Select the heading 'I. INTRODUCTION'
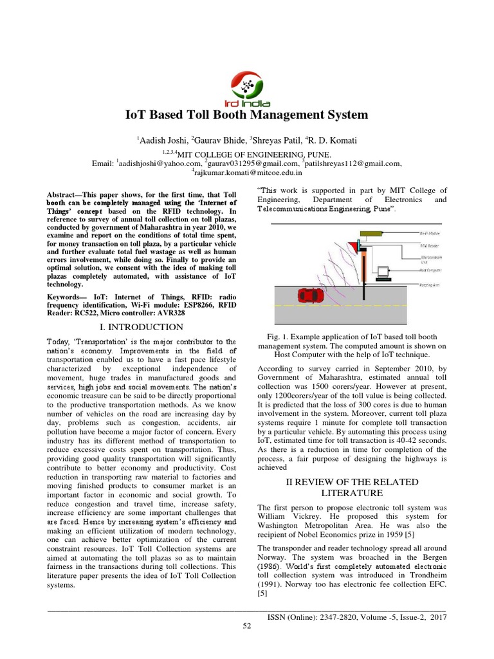pyautogui.click(x=147, y=328)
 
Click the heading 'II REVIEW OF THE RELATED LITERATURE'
pyautogui.click(x=351, y=487)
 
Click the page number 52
pyautogui.click(x=247, y=627)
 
